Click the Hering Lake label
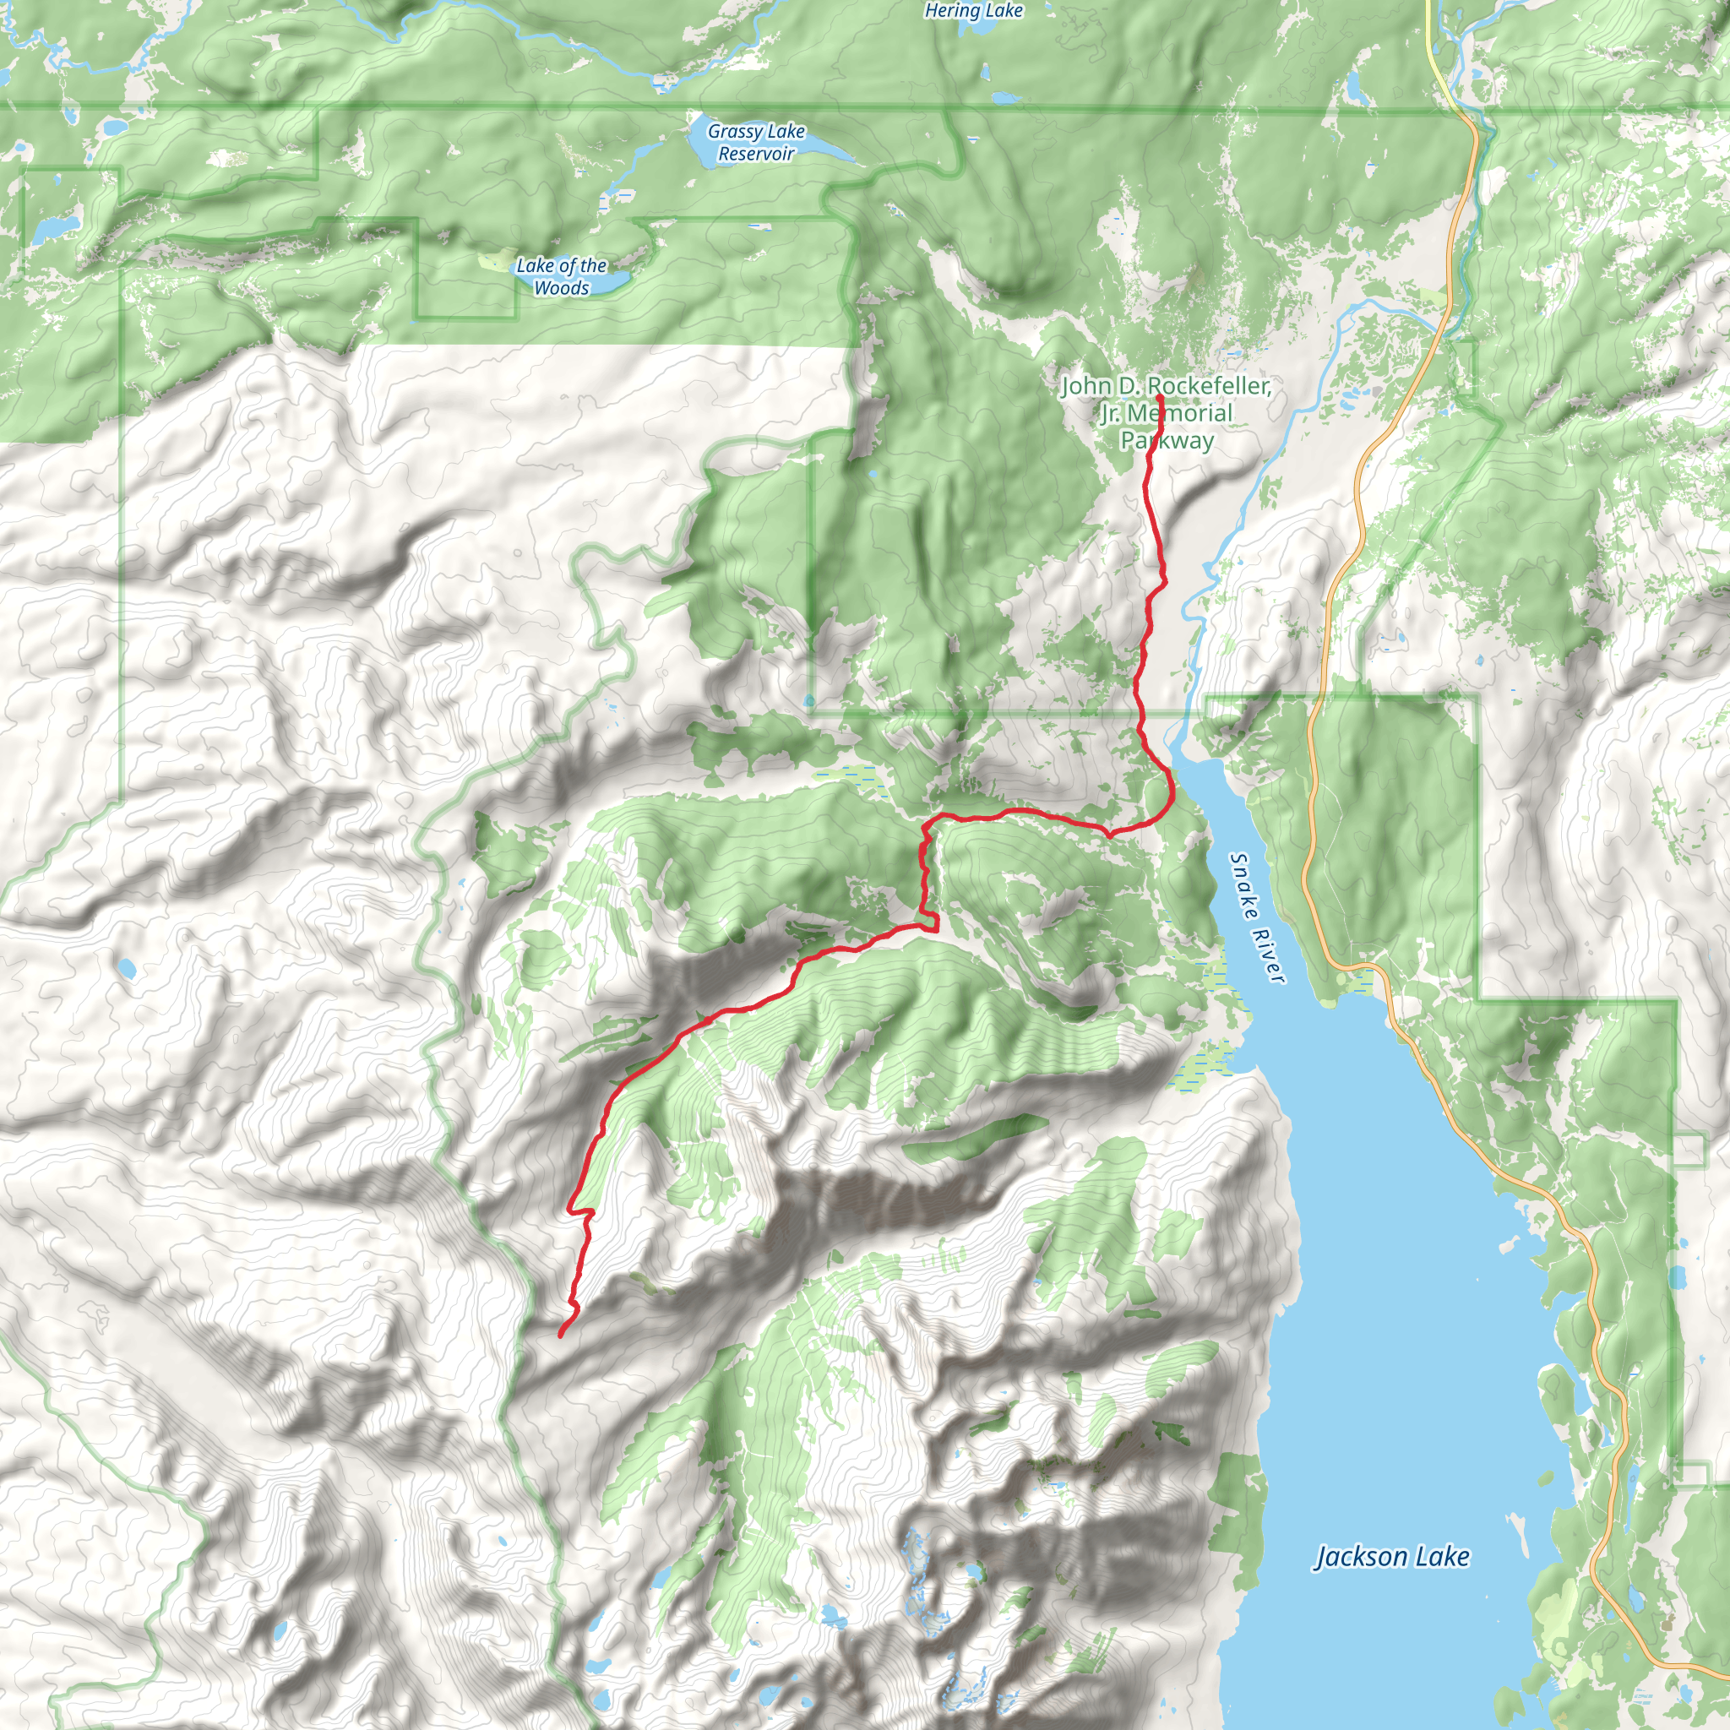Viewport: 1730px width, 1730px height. click(x=972, y=11)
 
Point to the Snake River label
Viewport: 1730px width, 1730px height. click(x=1257, y=918)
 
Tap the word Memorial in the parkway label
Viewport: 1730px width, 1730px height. click(x=1179, y=413)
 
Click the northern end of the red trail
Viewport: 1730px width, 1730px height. click(x=1160, y=397)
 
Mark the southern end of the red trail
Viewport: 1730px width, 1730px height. click(x=562, y=1336)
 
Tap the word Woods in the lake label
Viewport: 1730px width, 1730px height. click(x=562, y=288)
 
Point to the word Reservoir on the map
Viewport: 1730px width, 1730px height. click(x=756, y=154)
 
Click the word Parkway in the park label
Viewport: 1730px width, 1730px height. click(x=1167, y=441)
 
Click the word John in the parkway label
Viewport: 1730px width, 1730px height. click(x=1088, y=386)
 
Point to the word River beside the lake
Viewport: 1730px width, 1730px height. click(x=1270, y=956)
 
